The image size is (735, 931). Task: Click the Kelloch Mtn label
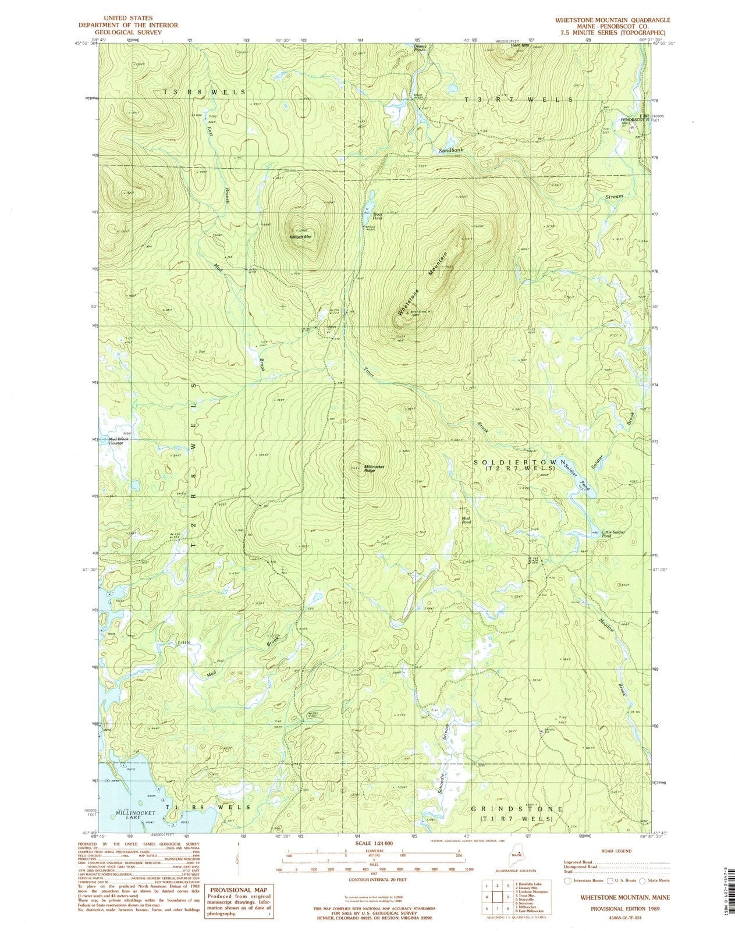pos(300,237)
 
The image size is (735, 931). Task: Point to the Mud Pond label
pos(466,520)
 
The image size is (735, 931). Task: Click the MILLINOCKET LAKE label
pos(126,815)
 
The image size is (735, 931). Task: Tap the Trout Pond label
pos(377,215)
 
